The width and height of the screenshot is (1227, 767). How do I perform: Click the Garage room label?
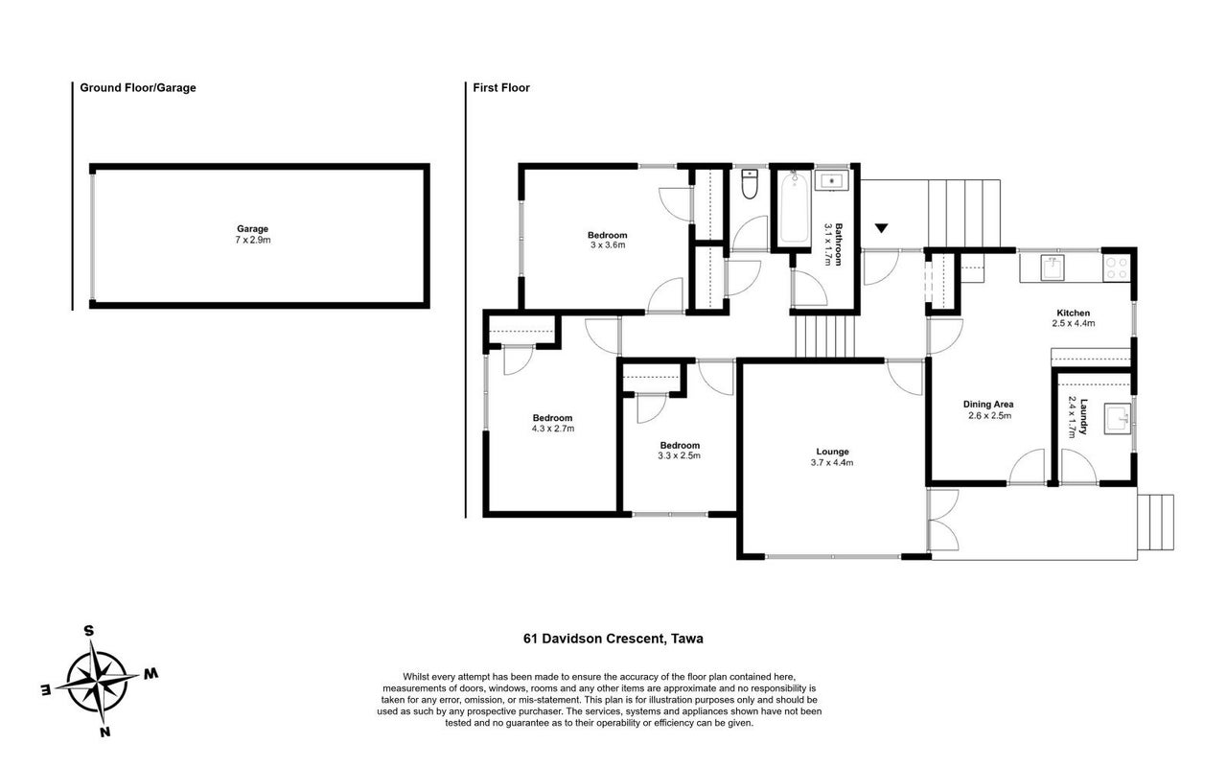click(252, 229)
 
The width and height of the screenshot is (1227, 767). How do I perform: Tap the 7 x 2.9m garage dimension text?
click(252, 240)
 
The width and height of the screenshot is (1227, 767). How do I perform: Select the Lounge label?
click(832, 452)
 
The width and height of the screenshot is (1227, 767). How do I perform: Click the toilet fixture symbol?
click(750, 184)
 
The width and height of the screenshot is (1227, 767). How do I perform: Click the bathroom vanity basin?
click(831, 180)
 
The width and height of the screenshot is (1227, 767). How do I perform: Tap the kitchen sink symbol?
click(1052, 267)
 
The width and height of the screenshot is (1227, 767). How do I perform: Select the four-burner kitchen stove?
click(1117, 268)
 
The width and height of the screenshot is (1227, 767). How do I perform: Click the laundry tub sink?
click(1117, 419)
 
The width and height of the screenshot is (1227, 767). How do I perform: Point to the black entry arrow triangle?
click(881, 228)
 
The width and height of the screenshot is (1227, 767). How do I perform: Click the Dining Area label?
click(988, 405)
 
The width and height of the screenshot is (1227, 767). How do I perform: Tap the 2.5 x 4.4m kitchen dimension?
click(1073, 323)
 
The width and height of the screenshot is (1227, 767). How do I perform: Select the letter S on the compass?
click(89, 631)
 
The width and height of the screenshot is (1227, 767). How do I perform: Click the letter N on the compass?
click(105, 732)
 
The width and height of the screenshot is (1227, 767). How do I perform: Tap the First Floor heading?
click(501, 87)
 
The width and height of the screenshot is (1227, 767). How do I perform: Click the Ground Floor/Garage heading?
click(138, 87)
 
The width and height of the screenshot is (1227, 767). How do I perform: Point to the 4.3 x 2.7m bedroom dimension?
click(553, 429)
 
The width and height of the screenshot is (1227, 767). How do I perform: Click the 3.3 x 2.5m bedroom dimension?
click(680, 455)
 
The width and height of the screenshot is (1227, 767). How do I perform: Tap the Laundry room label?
click(1083, 417)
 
